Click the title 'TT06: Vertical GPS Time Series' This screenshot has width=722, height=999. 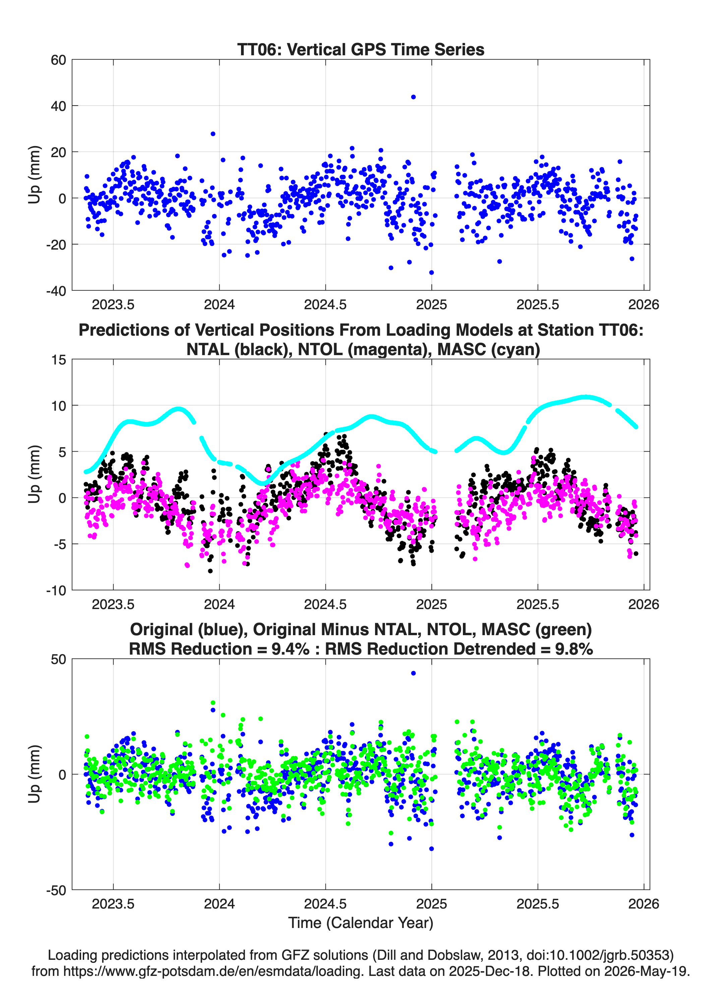coord(361,49)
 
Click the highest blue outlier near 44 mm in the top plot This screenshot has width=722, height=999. coord(413,97)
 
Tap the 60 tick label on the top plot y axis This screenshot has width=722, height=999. coord(58,60)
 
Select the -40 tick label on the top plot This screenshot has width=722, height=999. coord(56,291)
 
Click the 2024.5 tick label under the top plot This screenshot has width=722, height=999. coord(325,305)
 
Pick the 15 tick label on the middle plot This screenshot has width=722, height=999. coord(59,360)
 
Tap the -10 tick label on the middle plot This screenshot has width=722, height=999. coord(56,591)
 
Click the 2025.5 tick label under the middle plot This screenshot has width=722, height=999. coord(537,604)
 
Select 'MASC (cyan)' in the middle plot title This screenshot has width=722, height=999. coord(489,349)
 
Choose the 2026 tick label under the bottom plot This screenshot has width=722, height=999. coord(644,904)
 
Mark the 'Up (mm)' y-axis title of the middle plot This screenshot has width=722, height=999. coord(35,474)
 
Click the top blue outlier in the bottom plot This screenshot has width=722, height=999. coord(413,673)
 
